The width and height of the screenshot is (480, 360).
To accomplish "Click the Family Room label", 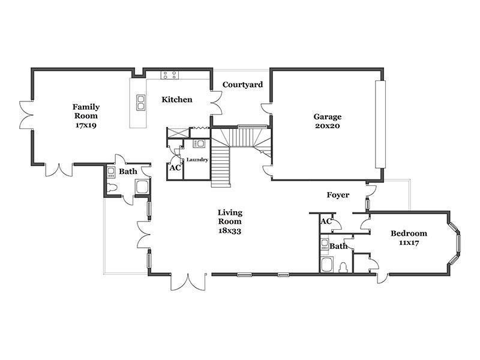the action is [x=86, y=112].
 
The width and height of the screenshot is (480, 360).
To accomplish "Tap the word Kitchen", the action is [x=177, y=100].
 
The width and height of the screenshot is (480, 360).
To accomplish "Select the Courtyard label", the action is [x=243, y=85].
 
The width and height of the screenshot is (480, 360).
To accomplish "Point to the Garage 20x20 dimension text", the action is [x=328, y=126].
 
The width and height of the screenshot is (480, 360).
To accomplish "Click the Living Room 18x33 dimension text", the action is [x=230, y=230].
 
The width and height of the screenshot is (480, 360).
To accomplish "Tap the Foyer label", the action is [x=338, y=195].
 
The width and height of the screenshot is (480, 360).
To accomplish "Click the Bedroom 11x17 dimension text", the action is [x=409, y=243].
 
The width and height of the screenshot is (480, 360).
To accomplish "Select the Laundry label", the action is [x=197, y=160].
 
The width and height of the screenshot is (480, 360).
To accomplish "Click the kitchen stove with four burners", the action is [x=170, y=75].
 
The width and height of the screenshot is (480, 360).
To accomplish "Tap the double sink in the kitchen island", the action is [x=140, y=103].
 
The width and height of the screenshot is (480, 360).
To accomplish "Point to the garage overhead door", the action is [x=380, y=124].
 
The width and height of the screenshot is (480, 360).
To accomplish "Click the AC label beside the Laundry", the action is [x=175, y=168].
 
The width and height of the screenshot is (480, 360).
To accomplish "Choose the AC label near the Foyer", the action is [x=326, y=221].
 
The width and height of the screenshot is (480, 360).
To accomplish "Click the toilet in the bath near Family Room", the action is [x=112, y=188].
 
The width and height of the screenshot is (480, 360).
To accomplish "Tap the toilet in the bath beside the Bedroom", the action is [x=344, y=267].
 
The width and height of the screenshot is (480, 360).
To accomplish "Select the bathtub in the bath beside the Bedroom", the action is [x=328, y=265].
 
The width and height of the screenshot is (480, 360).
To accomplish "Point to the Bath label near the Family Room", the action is [x=128, y=172].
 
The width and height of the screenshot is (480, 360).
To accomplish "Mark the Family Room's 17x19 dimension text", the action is [x=86, y=125].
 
